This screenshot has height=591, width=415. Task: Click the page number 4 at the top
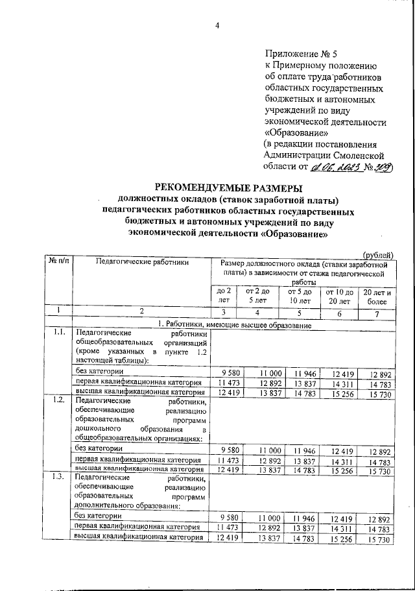[x=218, y=25]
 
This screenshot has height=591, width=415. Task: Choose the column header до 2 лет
[x=224, y=296]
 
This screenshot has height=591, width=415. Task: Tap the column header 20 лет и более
[x=376, y=296]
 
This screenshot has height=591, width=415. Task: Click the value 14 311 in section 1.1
[x=344, y=382]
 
